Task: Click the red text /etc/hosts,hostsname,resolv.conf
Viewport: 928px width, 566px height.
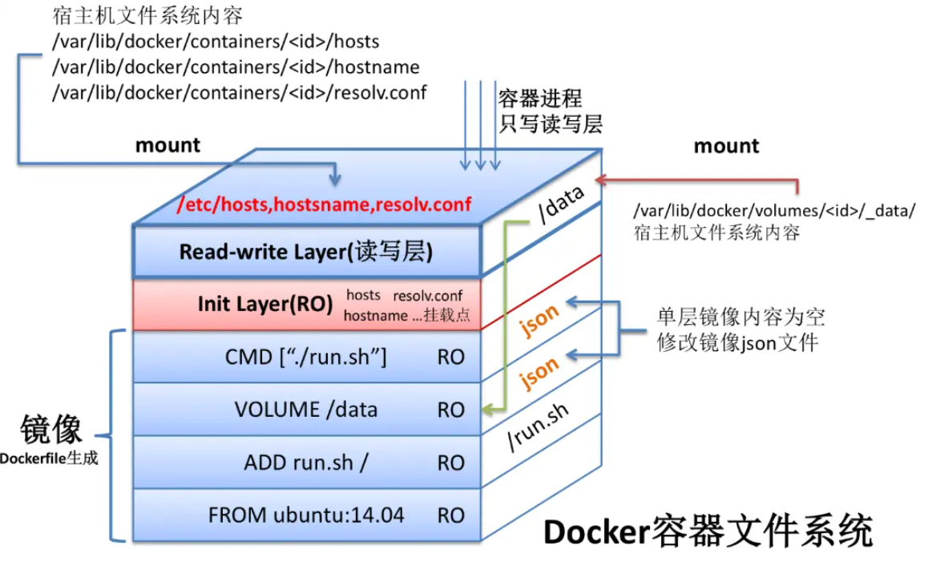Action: click(325, 204)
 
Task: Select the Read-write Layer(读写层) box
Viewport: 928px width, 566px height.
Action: click(306, 252)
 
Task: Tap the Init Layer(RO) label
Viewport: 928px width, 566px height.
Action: click(265, 305)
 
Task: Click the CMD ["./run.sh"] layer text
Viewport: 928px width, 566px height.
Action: click(306, 357)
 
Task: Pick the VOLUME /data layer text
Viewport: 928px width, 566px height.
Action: click(306, 410)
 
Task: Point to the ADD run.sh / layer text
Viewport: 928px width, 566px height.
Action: click(306, 463)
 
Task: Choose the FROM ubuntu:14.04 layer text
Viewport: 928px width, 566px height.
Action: click(306, 515)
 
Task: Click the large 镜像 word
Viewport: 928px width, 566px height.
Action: click(51, 431)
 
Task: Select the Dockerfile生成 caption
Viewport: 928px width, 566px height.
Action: click(49, 459)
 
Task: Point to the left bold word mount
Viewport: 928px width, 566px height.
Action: click(167, 145)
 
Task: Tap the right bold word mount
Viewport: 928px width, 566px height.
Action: click(726, 146)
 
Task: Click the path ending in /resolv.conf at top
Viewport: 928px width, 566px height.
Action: click(240, 92)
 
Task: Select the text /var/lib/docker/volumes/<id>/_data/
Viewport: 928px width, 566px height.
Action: click(773, 212)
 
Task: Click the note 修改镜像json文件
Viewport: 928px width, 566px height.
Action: click(736, 343)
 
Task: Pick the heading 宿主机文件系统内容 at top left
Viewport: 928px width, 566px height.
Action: click(147, 14)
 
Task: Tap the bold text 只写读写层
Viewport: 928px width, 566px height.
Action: click(551, 123)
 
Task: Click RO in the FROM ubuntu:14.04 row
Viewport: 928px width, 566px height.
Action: click(451, 515)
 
